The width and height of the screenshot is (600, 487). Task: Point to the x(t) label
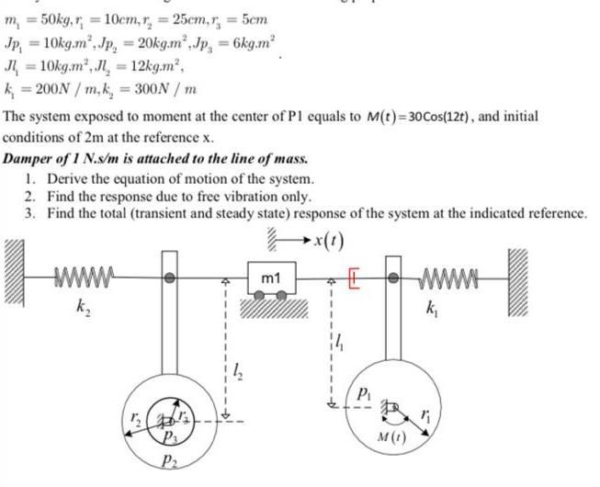(328, 243)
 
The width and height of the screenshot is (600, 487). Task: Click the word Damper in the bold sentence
(28, 159)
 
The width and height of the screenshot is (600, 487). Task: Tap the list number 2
(30, 196)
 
